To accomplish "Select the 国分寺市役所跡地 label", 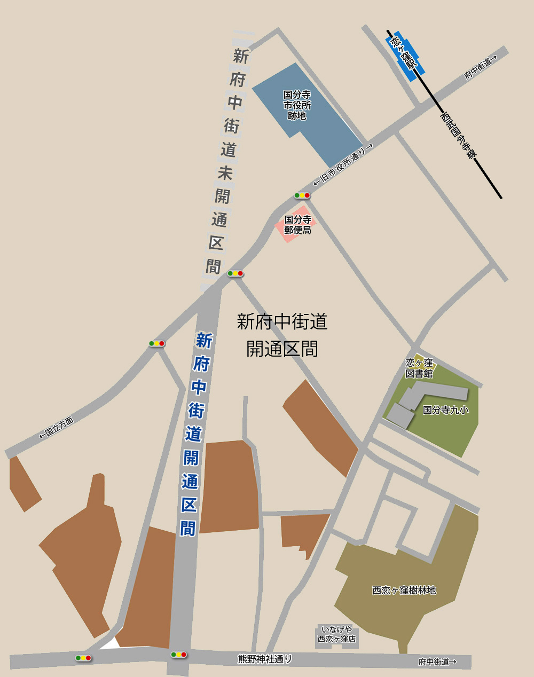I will (x=297, y=105).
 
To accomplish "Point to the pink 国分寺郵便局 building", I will (x=297, y=225).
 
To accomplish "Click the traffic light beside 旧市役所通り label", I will (x=302, y=196).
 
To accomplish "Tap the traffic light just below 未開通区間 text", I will (x=235, y=273).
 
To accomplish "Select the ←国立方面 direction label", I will (x=56, y=428).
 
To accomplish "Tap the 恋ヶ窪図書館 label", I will (x=419, y=368).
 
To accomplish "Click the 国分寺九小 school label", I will (x=446, y=410).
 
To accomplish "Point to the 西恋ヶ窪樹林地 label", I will (x=404, y=590).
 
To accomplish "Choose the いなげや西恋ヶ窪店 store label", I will (x=336, y=634).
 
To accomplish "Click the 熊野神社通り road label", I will (x=265, y=659).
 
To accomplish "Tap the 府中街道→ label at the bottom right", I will (x=437, y=662).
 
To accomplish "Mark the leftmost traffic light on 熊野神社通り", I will (x=83, y=658).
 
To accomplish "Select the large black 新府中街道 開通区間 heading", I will (x=282, y=335).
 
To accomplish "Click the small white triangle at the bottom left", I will (x=111, y=643).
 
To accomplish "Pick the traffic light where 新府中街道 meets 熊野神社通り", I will (x=179, y=655).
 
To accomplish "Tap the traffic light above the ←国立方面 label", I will (x=157, y=343).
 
